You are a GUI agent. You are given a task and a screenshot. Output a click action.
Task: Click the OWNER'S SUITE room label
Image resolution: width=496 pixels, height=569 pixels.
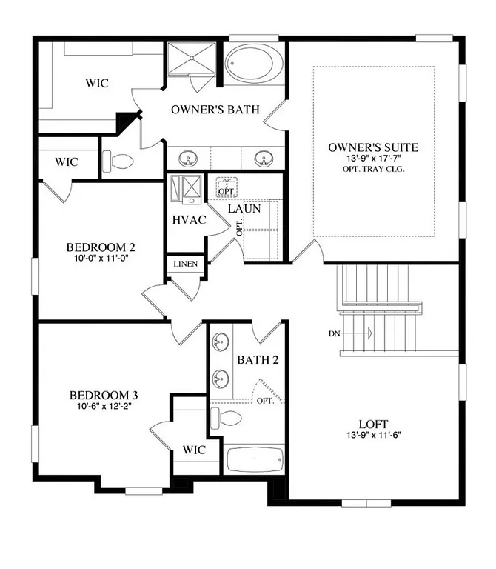pos(373,147)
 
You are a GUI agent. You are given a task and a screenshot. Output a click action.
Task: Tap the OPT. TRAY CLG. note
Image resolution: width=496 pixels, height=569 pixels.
pos(373,169)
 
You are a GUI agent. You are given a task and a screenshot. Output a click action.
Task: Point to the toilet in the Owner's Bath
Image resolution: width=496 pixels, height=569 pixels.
pos(118,159)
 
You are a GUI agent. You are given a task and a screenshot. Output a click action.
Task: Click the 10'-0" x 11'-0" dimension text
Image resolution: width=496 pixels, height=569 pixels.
pos(101,259)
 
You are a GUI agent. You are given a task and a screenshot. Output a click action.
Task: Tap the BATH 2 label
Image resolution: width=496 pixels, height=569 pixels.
pos(258,360)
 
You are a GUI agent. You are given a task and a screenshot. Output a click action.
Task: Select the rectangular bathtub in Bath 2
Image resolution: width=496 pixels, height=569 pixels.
pos(254,460)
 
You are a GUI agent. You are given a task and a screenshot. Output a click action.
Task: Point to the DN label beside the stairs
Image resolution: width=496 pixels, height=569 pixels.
pos(335,333)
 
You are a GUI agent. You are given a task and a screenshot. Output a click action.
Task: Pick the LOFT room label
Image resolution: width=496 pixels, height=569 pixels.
pos(373,425)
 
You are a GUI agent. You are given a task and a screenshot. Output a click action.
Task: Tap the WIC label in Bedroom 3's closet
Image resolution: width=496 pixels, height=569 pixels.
pos(195,449)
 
